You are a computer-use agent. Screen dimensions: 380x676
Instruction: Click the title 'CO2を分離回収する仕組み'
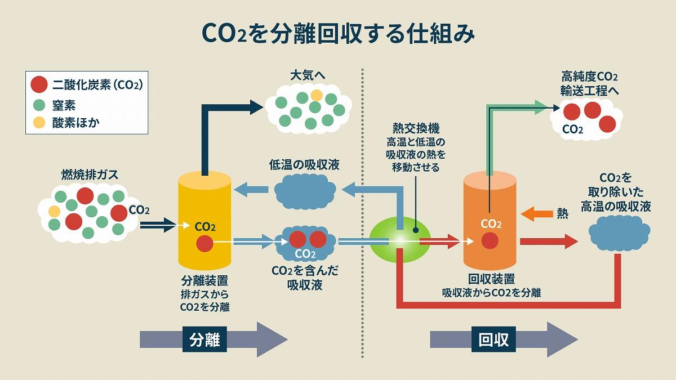coord(338,33)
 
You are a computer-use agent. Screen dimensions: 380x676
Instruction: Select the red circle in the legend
coord(39,85)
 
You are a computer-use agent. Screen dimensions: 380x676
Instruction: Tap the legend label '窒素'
coord(64,105)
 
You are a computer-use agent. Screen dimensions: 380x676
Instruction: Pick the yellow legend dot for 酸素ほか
coord(39,122)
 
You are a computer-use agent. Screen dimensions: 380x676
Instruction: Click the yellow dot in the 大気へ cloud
coord(317,95)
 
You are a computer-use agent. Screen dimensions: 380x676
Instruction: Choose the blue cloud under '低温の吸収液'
coord(305,191)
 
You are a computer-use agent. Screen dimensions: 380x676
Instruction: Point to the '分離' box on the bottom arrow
coord(204,339)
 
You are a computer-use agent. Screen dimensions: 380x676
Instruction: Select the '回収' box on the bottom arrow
coord(493,339)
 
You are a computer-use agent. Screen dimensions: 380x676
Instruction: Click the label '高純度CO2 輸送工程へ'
coord(589,83)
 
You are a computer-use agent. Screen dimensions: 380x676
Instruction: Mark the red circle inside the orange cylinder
coord(490,241)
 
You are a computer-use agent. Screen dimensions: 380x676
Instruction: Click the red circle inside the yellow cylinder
coord(204,244)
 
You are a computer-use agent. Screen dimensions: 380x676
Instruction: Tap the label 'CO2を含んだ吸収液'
coord(305,278)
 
